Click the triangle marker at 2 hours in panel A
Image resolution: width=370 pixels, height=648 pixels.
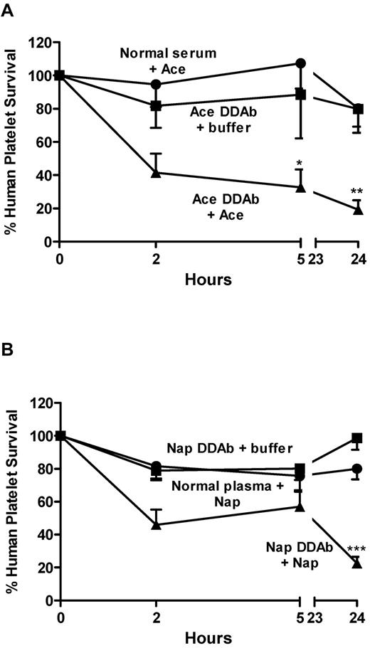coord(155,172)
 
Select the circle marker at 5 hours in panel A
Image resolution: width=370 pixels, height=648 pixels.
coord(300,63)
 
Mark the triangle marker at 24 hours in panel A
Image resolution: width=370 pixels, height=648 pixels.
coord(358,209)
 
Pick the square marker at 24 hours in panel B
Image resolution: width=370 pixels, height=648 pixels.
coord(358,438)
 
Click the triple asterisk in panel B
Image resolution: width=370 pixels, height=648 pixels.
coord(356,548)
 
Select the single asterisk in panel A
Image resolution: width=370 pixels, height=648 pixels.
coord(300,164)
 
